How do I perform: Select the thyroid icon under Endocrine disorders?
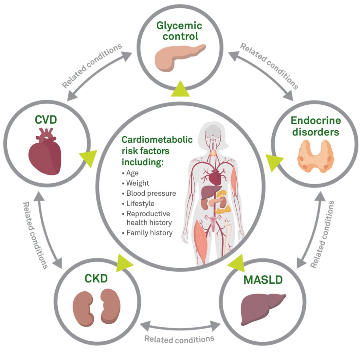point(315,156)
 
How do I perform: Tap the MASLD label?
point(263,280)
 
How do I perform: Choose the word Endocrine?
point(316,120)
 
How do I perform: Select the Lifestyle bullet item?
point(140,204)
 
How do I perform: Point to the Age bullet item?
point(132,173)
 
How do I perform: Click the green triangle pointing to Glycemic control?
point(180,89)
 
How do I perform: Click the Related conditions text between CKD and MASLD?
point(179,339)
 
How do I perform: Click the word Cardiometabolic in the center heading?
point(157,140)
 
